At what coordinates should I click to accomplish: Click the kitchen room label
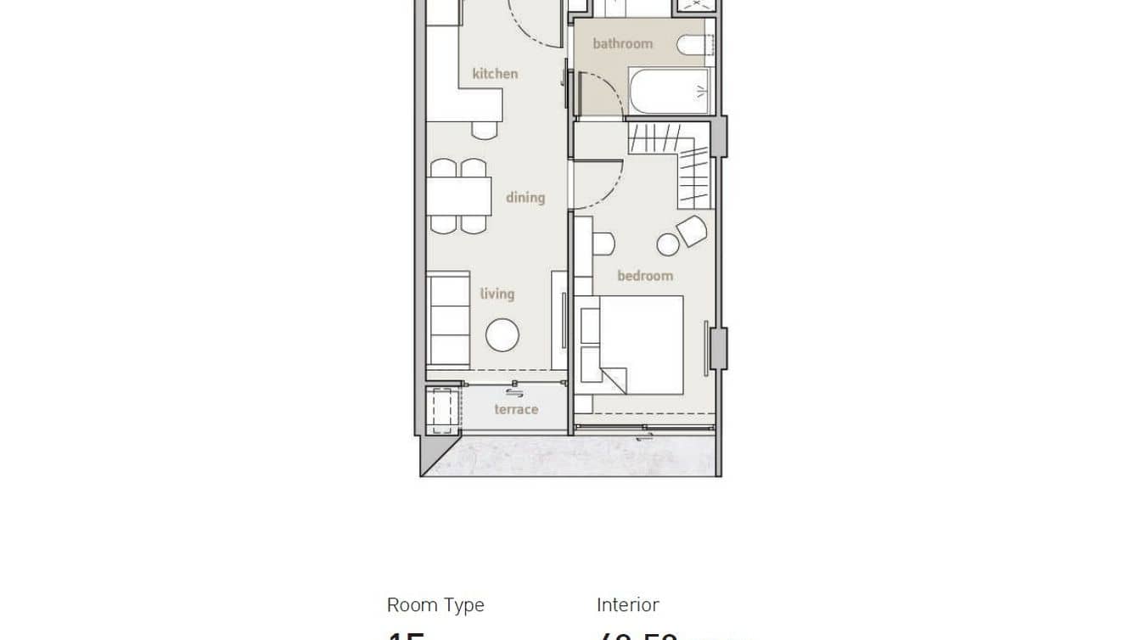click(495, 74)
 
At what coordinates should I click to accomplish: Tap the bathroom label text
click(622, 43)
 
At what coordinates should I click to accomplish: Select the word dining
click(525, 197)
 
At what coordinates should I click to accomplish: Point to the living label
click(497, 294)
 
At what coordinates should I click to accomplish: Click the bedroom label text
click(644, 275)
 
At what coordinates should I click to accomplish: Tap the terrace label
click(516, 409)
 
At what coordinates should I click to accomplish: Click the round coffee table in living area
click(502, 334)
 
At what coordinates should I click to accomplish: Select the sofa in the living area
click(447, 319)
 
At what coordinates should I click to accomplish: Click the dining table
click(458, 196)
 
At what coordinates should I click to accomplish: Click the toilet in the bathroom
click(691, 48)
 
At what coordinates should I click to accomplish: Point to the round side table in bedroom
click(668, 244)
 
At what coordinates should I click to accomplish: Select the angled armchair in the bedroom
click(692, 229)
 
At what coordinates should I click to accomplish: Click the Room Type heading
click(435, 605)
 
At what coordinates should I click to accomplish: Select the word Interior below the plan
click(627, 605)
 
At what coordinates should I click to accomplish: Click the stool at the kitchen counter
click(484, 130)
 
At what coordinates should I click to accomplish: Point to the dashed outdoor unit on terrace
click(442, 411)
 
